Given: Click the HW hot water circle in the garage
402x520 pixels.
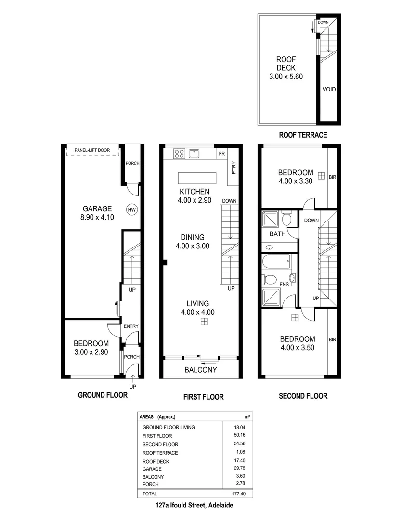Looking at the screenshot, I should pos(131,209).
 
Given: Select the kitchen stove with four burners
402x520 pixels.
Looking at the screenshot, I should pos(179,154).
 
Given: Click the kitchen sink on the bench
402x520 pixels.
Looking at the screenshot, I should pos(195,154).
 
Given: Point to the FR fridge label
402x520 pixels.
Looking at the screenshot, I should pos(221,154).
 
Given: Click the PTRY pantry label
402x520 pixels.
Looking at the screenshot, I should pos(233,169).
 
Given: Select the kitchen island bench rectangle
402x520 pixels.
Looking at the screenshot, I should pos(197,178).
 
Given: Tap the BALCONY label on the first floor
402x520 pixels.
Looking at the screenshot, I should pos(201,370).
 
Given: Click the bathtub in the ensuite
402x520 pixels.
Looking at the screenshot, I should pos(277,262).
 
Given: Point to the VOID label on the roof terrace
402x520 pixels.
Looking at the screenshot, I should pos(329,90).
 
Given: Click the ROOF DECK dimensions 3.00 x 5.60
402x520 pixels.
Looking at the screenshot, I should pos(285,77).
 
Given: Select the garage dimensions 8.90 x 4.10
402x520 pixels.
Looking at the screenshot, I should pos(96,218).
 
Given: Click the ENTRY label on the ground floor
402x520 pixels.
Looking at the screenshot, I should pos(131,326).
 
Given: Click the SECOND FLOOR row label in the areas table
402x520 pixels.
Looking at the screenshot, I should pos(160,444).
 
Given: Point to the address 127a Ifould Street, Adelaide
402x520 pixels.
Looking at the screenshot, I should pos(195,506).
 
